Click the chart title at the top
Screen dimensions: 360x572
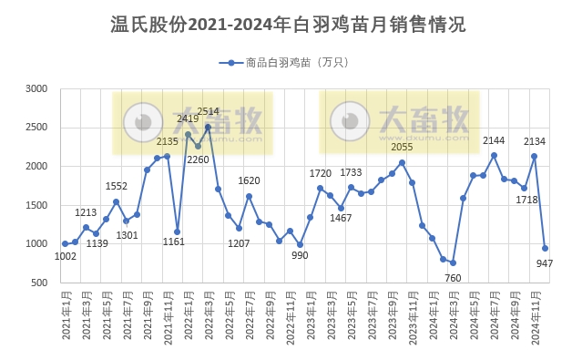(x=287, y=25)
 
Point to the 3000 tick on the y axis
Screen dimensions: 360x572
(x=36, y=89)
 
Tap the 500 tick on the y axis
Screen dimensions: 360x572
(x=40, y=283)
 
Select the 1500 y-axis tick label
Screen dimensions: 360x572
(x=36, y=206)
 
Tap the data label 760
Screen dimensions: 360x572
(x=453, y=277)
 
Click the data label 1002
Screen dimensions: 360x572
(x=65, y=257)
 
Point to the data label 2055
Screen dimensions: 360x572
(x=402, y=148)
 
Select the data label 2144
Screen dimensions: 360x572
(x=493, y=140)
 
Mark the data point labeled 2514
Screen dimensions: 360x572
(x=209, y=128)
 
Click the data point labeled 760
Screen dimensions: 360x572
(x=453, y=262)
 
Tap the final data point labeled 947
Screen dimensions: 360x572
(x=545, y=248)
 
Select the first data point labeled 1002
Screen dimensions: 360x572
(x=65, y=244)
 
